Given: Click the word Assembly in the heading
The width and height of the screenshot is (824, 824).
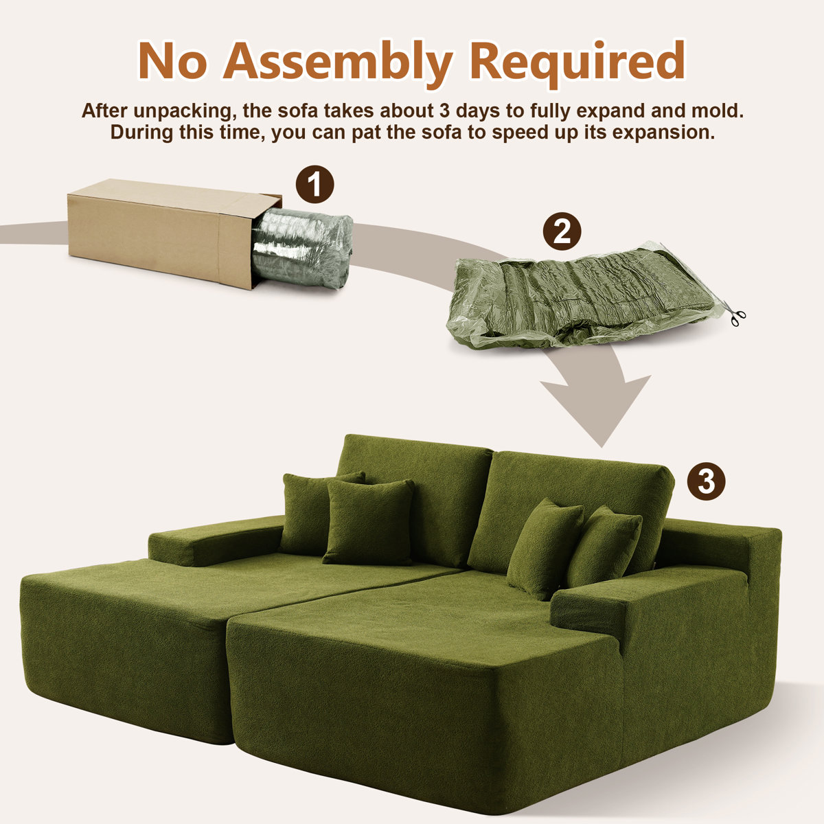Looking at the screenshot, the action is click(338, 62).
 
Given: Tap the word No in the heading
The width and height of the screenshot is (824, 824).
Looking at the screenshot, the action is click(172, 60).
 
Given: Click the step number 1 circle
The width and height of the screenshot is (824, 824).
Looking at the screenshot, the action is click(314, 184).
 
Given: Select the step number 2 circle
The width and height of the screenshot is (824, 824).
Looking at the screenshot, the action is click(562, 231).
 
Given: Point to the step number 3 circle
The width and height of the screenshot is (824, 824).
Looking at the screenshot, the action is click(706, 481).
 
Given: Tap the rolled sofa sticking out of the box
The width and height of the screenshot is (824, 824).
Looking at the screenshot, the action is click(302, 249).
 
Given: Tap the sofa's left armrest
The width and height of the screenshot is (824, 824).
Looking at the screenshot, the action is click(216, 540).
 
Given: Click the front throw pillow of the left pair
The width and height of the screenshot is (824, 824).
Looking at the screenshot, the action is click(369, 522).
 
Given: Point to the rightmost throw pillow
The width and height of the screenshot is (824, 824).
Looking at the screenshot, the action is click(604, 547).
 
